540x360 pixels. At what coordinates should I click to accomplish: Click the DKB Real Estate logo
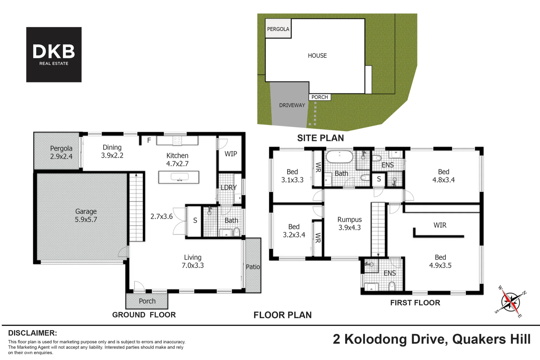[x=54, y=55]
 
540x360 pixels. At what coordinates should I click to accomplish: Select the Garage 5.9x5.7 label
[x=86, y=215]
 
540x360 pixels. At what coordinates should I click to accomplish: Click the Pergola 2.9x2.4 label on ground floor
[x=61, y=152]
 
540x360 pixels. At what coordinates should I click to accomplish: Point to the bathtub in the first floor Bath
[x=339, y=157]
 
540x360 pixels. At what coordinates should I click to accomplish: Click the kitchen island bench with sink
[x=179, y=177]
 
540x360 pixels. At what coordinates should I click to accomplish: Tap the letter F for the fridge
[x=149, y=140]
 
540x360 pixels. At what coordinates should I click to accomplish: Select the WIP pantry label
[x=231, y=154]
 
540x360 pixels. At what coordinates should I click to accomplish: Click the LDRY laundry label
[x=229, y=187]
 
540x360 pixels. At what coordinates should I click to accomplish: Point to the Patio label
[x=253, y=267]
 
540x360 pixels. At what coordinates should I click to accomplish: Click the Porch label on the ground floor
[x=147, y=301]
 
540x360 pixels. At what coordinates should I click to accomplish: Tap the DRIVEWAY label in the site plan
[x=292, y=105]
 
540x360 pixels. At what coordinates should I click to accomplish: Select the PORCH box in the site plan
[x=320, y=97]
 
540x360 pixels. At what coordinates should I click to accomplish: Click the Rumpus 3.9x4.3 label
[x=350, y=223]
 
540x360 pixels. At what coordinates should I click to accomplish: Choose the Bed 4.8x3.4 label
[x=444, y=176]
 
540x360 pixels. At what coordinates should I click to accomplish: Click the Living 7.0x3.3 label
[x=193, y=261]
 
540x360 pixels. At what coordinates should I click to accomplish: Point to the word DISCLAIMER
[x=32, y=333]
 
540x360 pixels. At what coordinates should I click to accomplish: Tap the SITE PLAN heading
[x=320, y=138]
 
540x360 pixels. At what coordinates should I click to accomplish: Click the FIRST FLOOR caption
[x=415, y=303]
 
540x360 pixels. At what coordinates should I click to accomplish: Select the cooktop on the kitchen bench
[x=177, y=140]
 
